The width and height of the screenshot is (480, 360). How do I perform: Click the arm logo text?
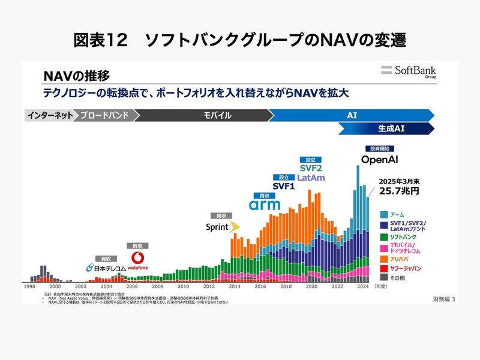pos(265,205)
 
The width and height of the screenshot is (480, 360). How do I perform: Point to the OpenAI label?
pos(380,160)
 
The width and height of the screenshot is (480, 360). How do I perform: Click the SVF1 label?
pos(284,186)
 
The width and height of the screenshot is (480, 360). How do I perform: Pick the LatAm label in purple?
pos(311,178)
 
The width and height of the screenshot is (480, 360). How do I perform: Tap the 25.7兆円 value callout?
pos(398,191)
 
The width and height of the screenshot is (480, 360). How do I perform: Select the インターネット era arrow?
pos(49,115)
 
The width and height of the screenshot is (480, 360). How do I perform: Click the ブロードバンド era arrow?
pos(106,115)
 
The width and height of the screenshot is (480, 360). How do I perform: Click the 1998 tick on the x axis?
pos(29,287)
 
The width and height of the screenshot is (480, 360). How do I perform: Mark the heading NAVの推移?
pos(76,76)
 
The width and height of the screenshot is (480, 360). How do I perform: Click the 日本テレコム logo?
pos(106,268)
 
